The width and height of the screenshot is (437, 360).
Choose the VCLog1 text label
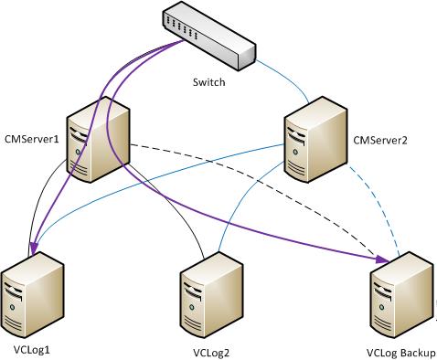coord(32,349)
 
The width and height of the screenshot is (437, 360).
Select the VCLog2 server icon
coord(212,293)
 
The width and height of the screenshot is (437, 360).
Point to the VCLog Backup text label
coord(400,352)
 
